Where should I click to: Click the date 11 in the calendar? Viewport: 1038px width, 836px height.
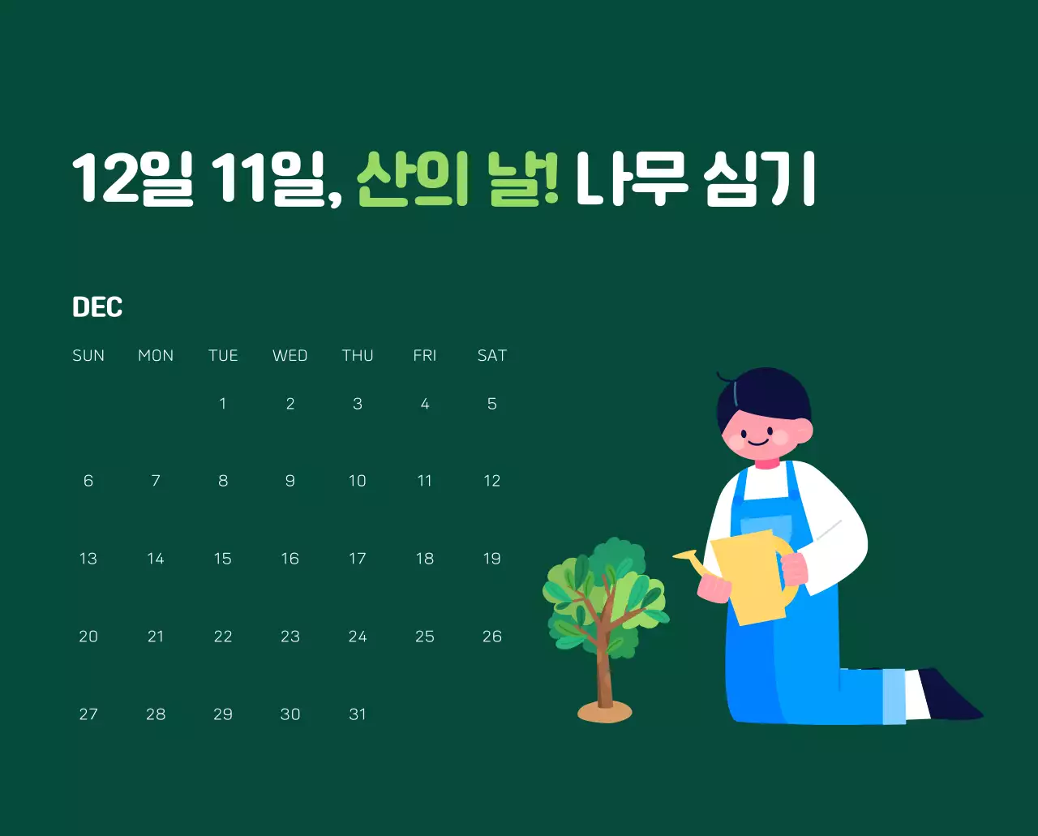[424, 481]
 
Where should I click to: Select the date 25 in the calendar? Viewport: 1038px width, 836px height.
[424, 637]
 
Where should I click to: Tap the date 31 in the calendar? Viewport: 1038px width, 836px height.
[358, 714]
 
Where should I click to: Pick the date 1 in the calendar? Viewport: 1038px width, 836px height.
[223, 404]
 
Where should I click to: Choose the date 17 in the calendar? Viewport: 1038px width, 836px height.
[358, 559]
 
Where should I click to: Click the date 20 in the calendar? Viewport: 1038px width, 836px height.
[88, 637]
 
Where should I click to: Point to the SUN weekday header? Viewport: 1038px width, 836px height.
[88, 355]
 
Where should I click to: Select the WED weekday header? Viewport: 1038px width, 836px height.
[290, 355]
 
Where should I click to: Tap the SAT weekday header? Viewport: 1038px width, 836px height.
[491, 355]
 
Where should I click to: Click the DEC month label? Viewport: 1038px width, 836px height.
[97, 307]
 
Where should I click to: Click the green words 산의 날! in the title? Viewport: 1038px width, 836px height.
[457, 179]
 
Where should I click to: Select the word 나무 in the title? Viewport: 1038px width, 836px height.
[632, 179]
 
